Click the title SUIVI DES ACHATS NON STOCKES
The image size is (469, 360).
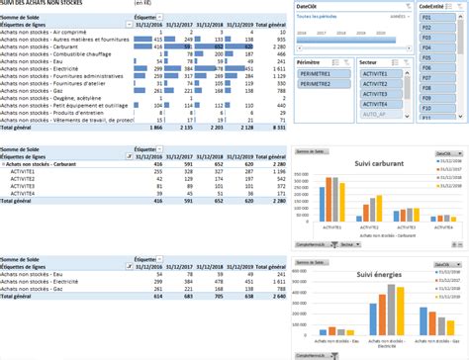44,4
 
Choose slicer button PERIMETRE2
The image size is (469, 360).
319,85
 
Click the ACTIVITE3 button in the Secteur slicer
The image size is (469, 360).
373,96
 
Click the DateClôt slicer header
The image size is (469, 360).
308,5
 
